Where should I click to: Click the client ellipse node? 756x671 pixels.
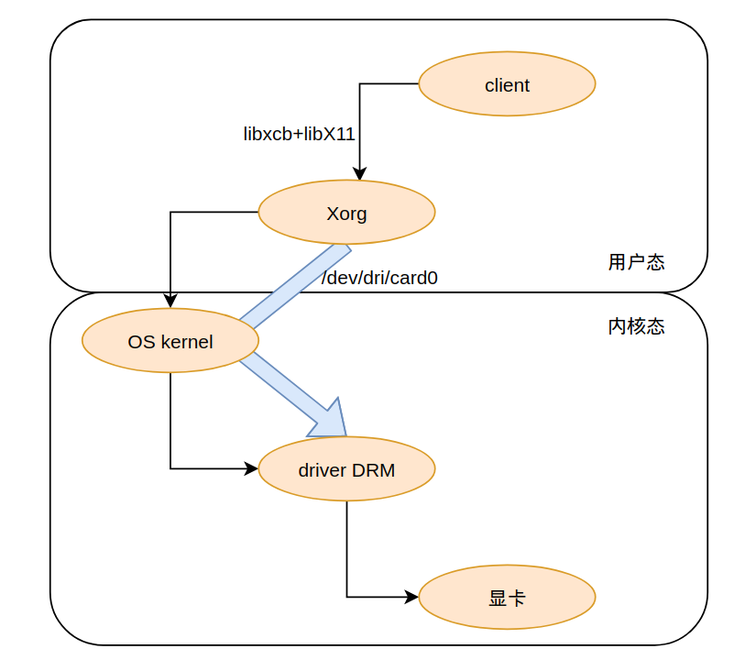point(507,84)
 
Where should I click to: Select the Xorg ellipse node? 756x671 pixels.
point(346,213)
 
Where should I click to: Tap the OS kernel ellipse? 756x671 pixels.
point(170,341)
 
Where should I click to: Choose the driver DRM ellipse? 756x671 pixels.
point(346,469)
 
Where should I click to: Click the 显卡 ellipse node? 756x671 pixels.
point(507,598)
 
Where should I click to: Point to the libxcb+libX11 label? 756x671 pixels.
point(299,134)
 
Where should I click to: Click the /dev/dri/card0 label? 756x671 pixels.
point(379,278)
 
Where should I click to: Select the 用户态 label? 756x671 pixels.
point(636,262)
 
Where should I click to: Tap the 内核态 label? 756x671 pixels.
point(636,326)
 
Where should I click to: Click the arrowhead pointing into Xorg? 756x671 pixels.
point(360,173)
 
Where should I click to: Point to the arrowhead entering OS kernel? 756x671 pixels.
point(170,302)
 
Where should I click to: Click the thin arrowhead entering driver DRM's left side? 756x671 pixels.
point(252,469)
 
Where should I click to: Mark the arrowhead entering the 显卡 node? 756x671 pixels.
point(412,598)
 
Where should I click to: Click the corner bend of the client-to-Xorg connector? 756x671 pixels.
point(360,84)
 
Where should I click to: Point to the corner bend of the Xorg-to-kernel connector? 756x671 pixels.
point(170,213)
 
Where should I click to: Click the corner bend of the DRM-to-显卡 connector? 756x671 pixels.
point(346,598)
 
